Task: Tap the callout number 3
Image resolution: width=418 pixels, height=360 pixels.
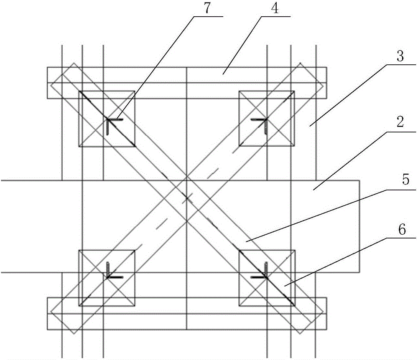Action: [400, 56]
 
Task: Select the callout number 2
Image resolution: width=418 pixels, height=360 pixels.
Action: [400, 122]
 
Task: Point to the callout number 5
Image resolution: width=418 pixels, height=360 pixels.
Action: [405, 180]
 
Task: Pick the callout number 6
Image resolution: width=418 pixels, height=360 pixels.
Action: [402, 229]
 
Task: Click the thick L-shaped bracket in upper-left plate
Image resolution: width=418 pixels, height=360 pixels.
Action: [108, 120]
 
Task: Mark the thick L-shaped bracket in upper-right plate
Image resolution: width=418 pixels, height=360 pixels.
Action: [266, 120]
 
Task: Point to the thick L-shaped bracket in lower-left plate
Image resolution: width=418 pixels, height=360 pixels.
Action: [108, 276]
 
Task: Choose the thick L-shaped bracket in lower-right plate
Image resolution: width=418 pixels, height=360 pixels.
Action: [266, 276]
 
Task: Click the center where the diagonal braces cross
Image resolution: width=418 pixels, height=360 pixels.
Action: [186, 198]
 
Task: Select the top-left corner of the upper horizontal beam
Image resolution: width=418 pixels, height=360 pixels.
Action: [48, 67]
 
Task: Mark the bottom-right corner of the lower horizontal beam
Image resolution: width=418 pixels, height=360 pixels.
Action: [326, 330]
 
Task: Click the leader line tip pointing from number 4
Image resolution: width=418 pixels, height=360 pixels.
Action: [223, 74]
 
